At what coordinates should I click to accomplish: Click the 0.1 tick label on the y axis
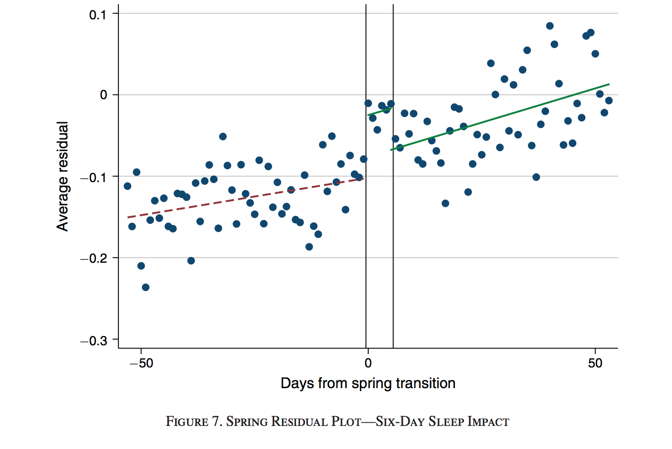tap(97, 15)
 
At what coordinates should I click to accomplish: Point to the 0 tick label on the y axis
tap(103, 95)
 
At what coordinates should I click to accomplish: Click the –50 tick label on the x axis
tap(141, 363)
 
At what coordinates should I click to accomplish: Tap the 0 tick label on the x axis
tap(368, 363)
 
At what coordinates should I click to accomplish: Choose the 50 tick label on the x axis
tap(595, 363)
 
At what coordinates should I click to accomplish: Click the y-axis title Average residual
tap(63, 176)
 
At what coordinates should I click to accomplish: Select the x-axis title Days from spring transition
tap(368, 383)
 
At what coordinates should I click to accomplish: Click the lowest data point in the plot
tap(146, 287)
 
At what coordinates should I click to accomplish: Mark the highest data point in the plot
tap(549, 26)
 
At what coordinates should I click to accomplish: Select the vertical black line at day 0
tap(366, 230)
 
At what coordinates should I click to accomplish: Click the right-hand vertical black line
tap(393, 230)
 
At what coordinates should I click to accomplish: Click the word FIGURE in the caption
tap(187, 422)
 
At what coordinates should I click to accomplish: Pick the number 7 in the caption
tap(216, 422)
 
